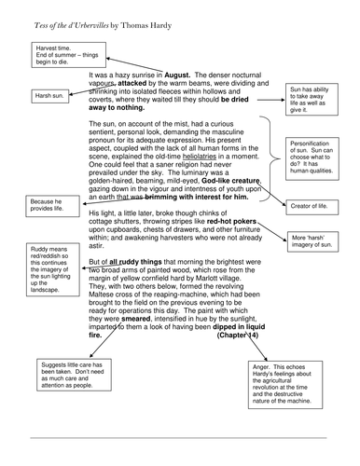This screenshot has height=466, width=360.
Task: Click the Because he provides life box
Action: [x=46, y=206]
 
